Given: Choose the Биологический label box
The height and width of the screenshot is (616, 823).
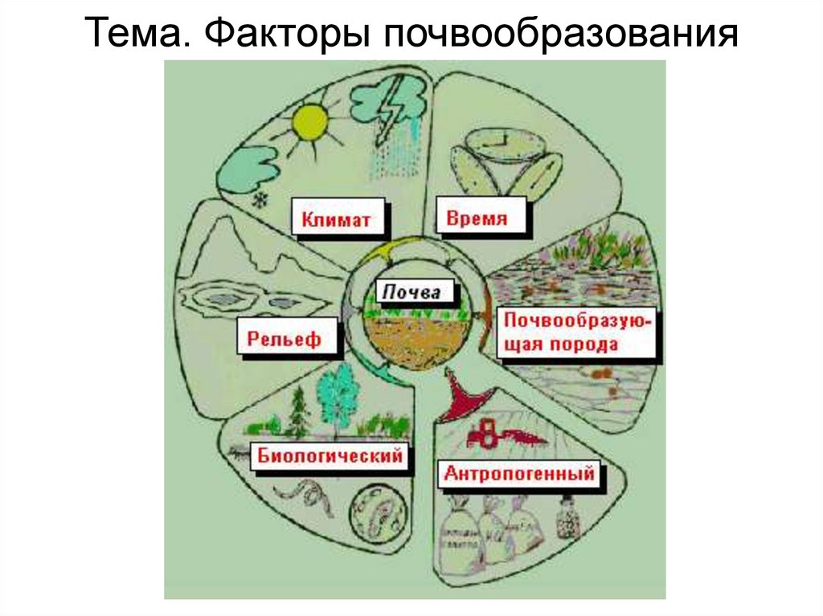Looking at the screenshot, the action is click(330, 457).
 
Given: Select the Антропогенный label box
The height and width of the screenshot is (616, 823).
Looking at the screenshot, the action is click(519, 474).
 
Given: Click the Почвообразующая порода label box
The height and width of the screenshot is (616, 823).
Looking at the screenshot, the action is click(578, 332).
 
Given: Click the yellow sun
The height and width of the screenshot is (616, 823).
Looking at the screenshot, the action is click(311, 123).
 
